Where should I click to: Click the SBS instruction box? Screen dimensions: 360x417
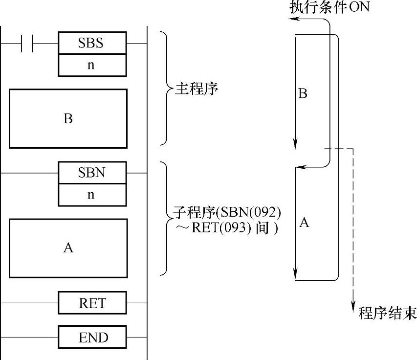(x=92, y=43)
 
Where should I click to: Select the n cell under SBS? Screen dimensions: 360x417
(x=92, y=65)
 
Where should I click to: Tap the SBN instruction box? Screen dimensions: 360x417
(x=92, y=173)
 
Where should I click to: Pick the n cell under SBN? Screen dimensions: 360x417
(x=92, y=195)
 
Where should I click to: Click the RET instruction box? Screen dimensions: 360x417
(x=92, y=303)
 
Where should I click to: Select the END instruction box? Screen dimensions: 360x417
(x=92, y=337)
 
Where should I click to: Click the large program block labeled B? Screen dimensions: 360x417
(x=68, y=118)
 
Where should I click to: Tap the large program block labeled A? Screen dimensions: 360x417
(x=68, y=248)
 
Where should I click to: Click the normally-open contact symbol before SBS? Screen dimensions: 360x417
(x=27, y=43)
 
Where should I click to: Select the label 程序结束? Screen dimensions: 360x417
(x=387, y=313)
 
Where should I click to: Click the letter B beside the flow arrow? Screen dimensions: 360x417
(x=303, y=93)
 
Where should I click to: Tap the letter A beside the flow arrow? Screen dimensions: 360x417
(x=304, y=223)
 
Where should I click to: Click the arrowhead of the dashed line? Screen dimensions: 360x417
(x=353, y=306)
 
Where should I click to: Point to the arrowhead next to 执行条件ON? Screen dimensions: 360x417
(x=292, y=19)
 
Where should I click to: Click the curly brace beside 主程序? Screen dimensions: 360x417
(x=166, y=89)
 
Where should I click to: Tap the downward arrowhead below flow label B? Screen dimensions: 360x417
(x=295, y=143)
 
